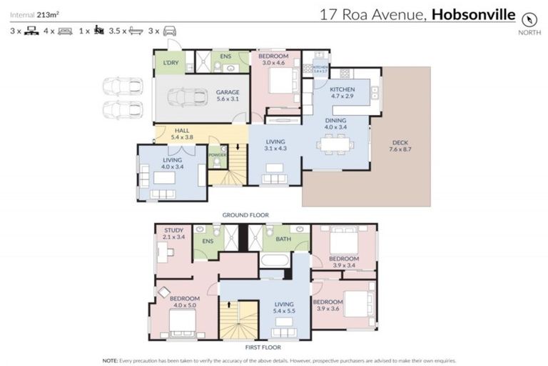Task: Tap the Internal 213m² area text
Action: coord(34,13)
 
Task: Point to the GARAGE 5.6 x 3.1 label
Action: coord(228,96)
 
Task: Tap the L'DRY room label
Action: coord(170,62)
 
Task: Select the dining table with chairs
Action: coord(336,145)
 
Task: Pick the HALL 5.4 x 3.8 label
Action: coord(182,134)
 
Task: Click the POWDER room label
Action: coord(217,154)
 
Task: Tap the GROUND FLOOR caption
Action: coord(245,214)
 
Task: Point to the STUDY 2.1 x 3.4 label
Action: coord(174,234)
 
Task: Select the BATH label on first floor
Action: coord(283,239)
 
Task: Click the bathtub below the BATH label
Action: coord(274,259)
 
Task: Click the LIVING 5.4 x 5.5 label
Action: coord(285,307)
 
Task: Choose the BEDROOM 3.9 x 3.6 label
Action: coord(328,305)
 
